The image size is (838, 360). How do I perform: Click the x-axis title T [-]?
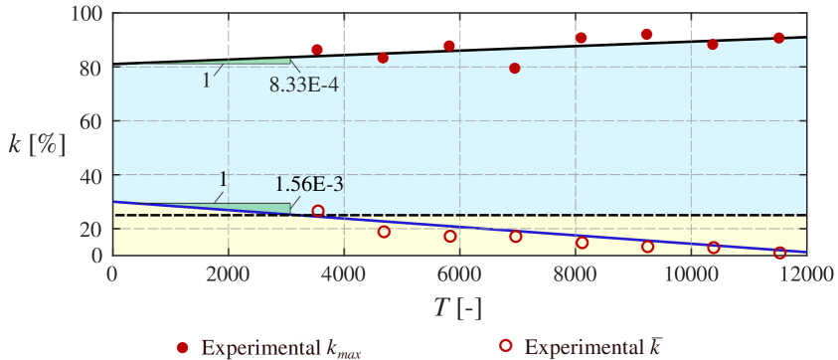pyautogui.click(x=457, y=308)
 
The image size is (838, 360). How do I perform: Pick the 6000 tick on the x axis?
pyautogui.click(x=458, y=274)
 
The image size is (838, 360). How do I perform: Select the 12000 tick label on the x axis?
pyautogui.click(x=805, y=274)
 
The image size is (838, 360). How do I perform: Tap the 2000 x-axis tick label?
pyautogui.click(x=228, y=274)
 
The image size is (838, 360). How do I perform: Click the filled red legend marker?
pyautogui.click(x=182, y=347)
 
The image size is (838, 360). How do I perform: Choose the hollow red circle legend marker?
pyautogui.click(x=505, y=347)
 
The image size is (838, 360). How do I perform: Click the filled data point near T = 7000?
pyautogui.click(x=515, y=69)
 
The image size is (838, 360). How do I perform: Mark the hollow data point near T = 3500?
pyautogui.click(x=318, y=211)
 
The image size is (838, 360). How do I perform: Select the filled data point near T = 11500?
pyautogui.click(x=778, y=38)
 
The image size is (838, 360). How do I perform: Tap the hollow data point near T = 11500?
pyautogui.click(x=779, y=253)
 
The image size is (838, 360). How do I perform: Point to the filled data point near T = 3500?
pyautogui.click(x=317, y=50)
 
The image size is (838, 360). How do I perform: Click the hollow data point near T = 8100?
pyautogui.click(x=583, y=243)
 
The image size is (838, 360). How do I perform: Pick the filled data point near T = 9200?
pyautogui.click(x=646, y=34)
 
